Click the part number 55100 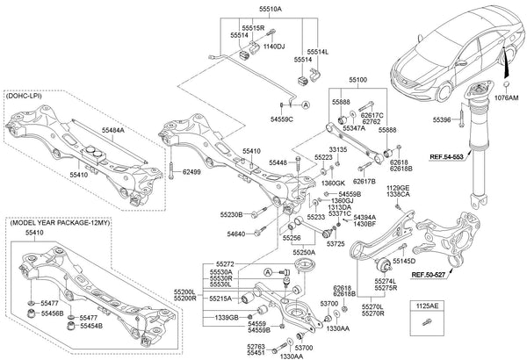click(x=358, y=81)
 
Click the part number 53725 click(x=335, y=244)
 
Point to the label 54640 click(x=236, y=234)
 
